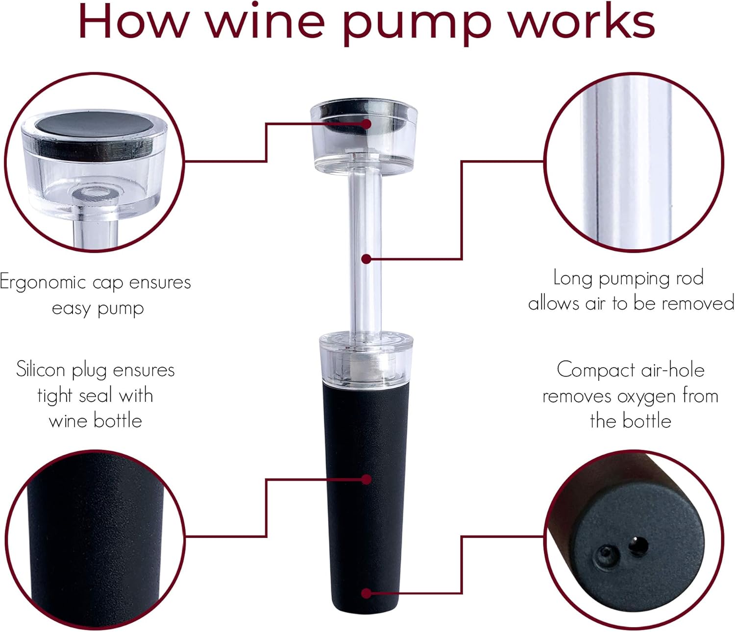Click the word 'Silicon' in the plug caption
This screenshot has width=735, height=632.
[x=41, y=370]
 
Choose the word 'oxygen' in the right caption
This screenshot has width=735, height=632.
[x=647, y=396]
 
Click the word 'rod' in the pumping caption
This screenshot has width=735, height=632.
[x=690, y=278]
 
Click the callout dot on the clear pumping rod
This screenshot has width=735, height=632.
[x=366, y=259]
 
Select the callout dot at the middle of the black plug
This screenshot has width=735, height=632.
[x=366, y=479]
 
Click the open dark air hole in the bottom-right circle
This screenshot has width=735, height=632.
[x=638, y=545]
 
